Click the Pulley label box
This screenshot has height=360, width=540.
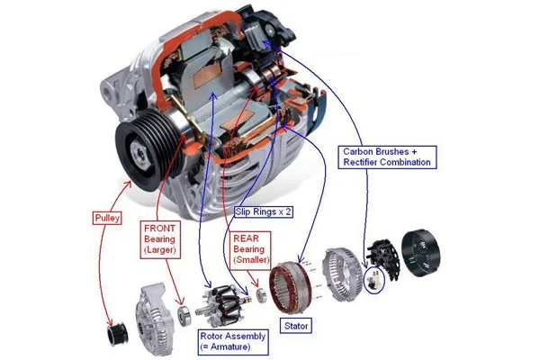click(x=107, y=218)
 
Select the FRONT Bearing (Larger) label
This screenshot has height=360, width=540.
click(x=160, y=239)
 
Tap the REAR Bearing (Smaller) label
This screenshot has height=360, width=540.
click(x=250, y=249)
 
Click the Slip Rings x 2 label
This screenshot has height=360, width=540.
click(x=264, y=211)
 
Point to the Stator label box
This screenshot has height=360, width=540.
click(x=296, y=326)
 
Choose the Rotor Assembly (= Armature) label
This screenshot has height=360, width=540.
click(x=233, y=341)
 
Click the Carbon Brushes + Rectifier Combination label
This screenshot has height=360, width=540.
click(x=387, y=157)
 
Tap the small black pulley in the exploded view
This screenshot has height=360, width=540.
click(x=117, y=335)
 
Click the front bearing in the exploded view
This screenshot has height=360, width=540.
click(x=184, y=316)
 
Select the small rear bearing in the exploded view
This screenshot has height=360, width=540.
click(x=261, y=296)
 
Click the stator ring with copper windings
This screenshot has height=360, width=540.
click(x=291, y=288)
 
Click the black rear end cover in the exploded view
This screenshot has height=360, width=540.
click(x=421, y=253)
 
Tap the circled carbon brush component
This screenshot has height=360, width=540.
click(x=374, y=279)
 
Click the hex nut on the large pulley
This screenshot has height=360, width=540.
click(x=141, y=156)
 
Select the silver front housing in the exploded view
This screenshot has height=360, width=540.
click(x=154, y=318)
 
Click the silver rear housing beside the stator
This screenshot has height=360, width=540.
click(x=342, y=274)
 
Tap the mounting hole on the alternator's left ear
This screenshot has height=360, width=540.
click(x=107, y=93)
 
